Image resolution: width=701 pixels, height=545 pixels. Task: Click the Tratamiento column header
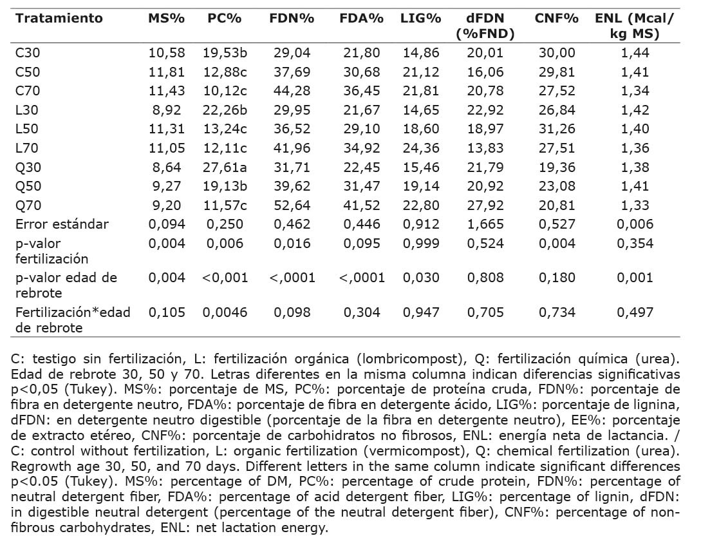[59, 18]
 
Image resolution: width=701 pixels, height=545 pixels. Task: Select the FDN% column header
[292, 18]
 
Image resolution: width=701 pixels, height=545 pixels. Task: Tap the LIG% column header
[421, 18]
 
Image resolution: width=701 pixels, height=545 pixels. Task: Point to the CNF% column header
[557, 18]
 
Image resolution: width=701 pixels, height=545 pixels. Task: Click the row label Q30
[28, 167]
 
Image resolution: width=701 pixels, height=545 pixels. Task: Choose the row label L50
[27, 129]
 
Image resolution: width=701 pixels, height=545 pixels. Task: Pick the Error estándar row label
[62, 224]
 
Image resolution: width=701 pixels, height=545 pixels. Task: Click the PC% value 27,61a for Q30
[225, 167]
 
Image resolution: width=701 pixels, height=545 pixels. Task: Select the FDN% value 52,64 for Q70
[292, 206]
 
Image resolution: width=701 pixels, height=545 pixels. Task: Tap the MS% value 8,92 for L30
[167, 110]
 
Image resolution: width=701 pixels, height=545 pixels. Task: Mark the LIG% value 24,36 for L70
[421, 148]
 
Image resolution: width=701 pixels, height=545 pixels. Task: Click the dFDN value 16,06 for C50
[485, 72]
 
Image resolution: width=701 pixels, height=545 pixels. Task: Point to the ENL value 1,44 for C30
[635, 53]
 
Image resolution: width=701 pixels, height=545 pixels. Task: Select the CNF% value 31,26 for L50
[557, 129]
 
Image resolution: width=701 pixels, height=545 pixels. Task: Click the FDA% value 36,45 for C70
[362, 91]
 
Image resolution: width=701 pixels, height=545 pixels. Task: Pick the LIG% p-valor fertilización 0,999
[421, 244]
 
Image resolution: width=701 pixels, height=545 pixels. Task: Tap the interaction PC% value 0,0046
[225, 312]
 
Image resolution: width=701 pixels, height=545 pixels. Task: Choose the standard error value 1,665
[485, 224]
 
